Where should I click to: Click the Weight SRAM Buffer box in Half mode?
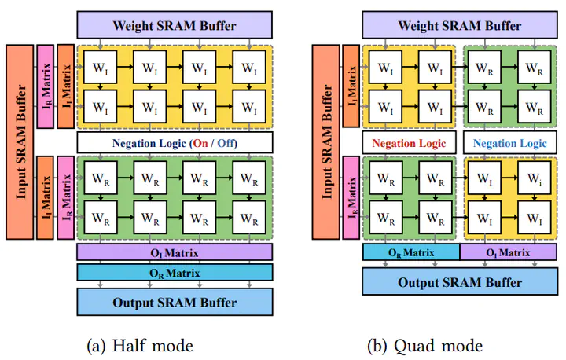[x=175, y=24]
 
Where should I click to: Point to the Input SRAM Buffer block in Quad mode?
[x=325, y=141]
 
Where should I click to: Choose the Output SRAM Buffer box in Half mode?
[x=175, y=302]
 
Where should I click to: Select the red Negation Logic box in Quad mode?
[x=409, y=143]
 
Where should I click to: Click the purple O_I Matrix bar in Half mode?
[x=175, y=252]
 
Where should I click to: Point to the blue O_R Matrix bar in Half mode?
[x=175, y=272]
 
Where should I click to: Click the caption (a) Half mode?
[x=141, y=345]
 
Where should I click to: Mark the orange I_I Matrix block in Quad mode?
[x=351, y=87]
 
